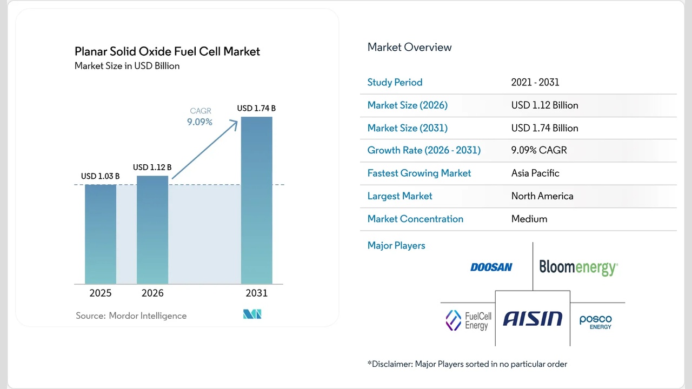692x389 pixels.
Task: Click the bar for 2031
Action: click(x=256, y=200)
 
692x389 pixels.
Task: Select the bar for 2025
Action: click(x=101, y=234)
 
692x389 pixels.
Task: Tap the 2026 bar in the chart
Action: click(x=152, y=230)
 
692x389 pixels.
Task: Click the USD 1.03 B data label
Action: click(x=101, y=176)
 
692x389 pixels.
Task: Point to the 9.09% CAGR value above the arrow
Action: click(x=200, y=122)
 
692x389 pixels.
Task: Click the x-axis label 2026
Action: click(x=152, y=293)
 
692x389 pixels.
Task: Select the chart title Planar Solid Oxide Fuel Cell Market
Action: click(x=167, y=51)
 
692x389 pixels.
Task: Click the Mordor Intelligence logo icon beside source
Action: click(x=252, y=314)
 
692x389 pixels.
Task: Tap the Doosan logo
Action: click(x=491, y=267)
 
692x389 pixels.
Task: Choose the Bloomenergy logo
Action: click(x=578, y=267)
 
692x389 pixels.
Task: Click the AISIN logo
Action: click(x=533, y=319)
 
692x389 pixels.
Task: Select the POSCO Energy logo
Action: click(x=596, y=322)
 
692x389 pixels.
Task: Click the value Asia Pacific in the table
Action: click(x=535, y=173)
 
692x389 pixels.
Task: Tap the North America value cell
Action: click(x=542, y=196)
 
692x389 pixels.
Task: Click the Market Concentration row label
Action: click(x=415, y=219)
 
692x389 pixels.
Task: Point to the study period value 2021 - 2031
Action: click(x=535, y=82)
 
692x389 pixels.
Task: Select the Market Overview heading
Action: click(x=409, y=47)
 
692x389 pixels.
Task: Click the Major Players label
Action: click(x=396, y=245)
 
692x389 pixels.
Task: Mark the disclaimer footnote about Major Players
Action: click(x=467, y=364)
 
